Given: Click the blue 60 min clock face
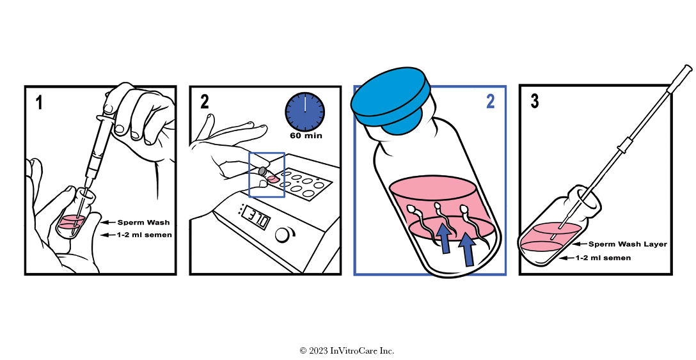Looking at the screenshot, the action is coord(304,112).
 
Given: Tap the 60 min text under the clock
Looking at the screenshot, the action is coord(306,136).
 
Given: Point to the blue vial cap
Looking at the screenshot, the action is coord(391,100).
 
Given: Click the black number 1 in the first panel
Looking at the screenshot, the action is coord(40,103).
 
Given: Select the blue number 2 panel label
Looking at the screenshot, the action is coord(490,101).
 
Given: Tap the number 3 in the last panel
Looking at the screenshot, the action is coord(535,101).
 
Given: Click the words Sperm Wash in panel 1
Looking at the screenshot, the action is coord(143,223).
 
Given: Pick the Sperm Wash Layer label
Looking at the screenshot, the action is coord(628,244).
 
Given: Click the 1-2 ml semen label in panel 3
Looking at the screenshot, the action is coord(603,258).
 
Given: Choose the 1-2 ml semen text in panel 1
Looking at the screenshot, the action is coord(145,235).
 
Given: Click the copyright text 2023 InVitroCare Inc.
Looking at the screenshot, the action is coord(347,350).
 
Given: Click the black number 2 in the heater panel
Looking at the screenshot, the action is coord(204,102).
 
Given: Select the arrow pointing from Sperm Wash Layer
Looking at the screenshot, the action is coord(579,244).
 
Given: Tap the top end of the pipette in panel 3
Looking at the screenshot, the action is coord(688,68).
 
